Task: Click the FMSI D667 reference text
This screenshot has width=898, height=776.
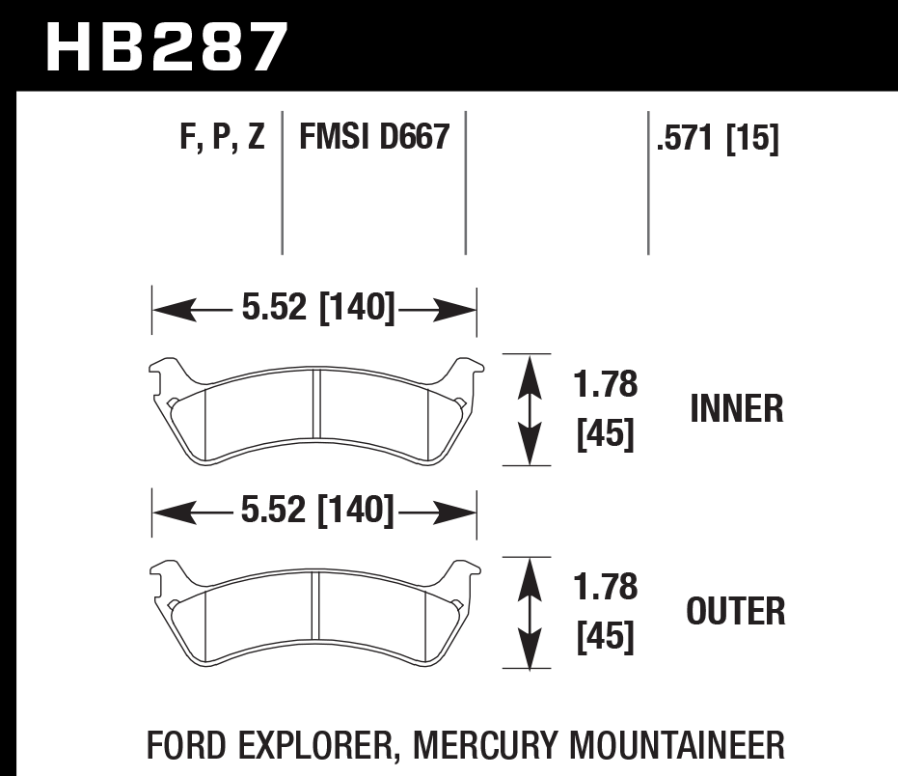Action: point(374,138)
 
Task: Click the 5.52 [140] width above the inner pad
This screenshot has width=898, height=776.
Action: point(317,309)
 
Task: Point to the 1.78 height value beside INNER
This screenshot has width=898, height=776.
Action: point(606,385)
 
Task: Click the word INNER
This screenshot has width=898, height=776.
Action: point(736,409)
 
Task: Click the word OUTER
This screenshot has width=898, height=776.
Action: point(735,611)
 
